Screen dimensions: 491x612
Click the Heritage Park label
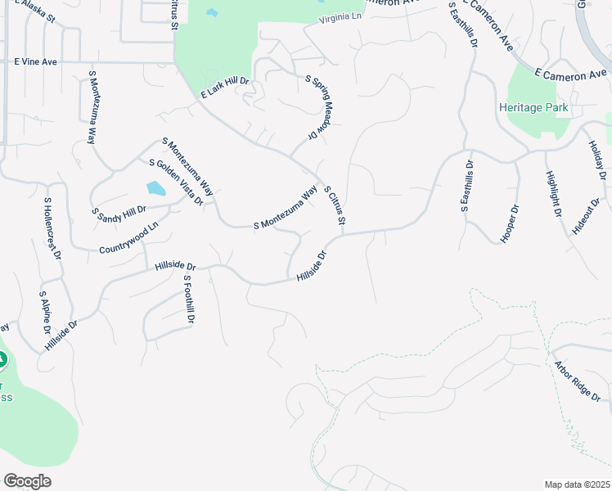tap(533, 108)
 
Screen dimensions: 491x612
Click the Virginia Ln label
tap(340, 18)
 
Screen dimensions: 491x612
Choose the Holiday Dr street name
tap(596, 160)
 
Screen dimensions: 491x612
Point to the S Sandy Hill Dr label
tap(119, 214)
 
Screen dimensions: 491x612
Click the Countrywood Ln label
tap(128, 241)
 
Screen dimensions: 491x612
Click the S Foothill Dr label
tap(188, 300)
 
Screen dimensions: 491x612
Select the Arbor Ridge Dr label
tap(578, 381)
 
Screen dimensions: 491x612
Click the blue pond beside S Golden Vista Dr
tap(155, 188)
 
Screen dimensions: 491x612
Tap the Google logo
tap(27, 481)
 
